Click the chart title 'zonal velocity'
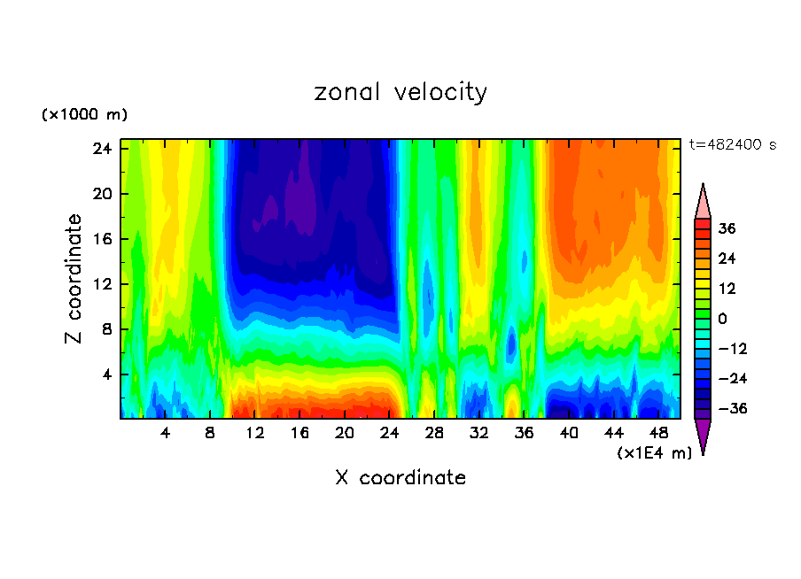[x=400, y=92]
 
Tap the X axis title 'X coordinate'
[x=400, y=478]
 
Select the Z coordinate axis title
[x=74, y=279]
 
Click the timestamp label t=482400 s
[x=732, y=145]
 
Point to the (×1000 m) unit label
[x=84, y=115]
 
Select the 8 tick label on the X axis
[x=210, y=433]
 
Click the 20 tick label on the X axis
[x=345, y=433]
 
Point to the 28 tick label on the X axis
[x=434, y=433]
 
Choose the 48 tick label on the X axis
[x=658, y=433]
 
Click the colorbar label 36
[x=727, y=228]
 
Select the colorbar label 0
[x=722, y=319]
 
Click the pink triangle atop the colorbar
[x=703, y=202]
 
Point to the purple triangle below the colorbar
[x=703, y=436]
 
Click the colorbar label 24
[x=727, y=259]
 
